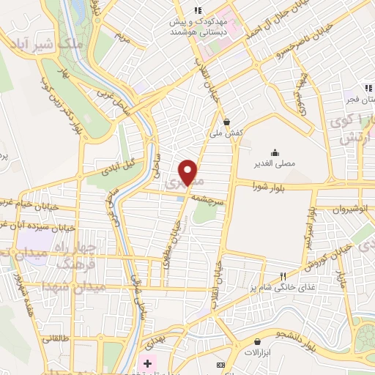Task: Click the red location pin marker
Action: coord(190,172)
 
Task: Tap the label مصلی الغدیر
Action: coord(275,163)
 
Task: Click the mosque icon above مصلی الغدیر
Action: coord(275,152)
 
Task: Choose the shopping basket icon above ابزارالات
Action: coord(257,341)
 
